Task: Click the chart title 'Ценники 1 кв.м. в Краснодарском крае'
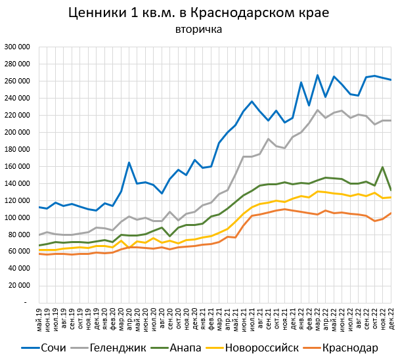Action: tap(198, 14)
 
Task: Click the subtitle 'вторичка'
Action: tap(198, 30)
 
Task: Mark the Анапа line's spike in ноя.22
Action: tap(383, 167)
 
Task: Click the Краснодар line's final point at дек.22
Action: tap(391, 213)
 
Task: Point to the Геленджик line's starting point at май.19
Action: tap(39, 235)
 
